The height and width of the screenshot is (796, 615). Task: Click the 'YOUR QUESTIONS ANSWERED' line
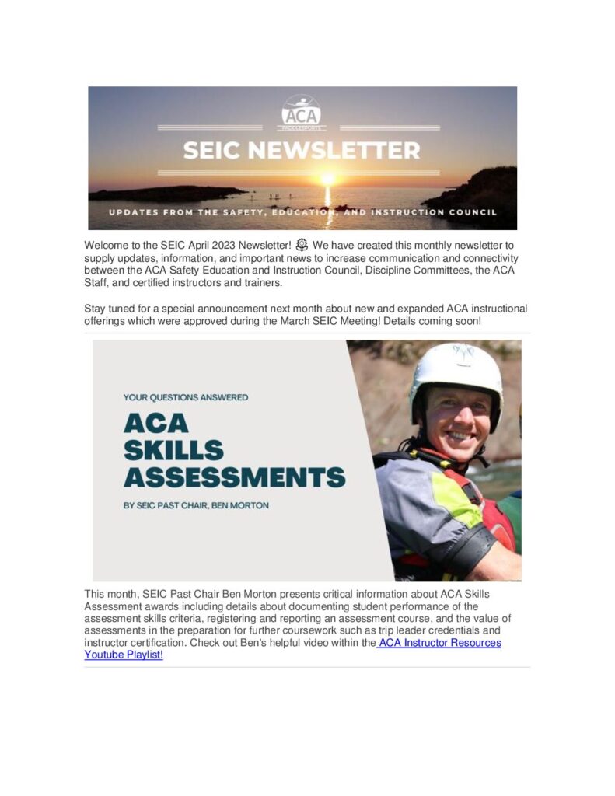(x=186, y=397)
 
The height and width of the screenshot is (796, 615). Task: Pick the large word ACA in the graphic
(x=155, y=423)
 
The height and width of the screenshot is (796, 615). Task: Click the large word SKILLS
(x=173, y=449)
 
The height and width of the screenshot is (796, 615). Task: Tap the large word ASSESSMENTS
(x=234, y=476)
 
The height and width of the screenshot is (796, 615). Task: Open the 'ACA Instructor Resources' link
(x=440, y=643)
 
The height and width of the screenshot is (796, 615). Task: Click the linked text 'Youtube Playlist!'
(x=124, y=655)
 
